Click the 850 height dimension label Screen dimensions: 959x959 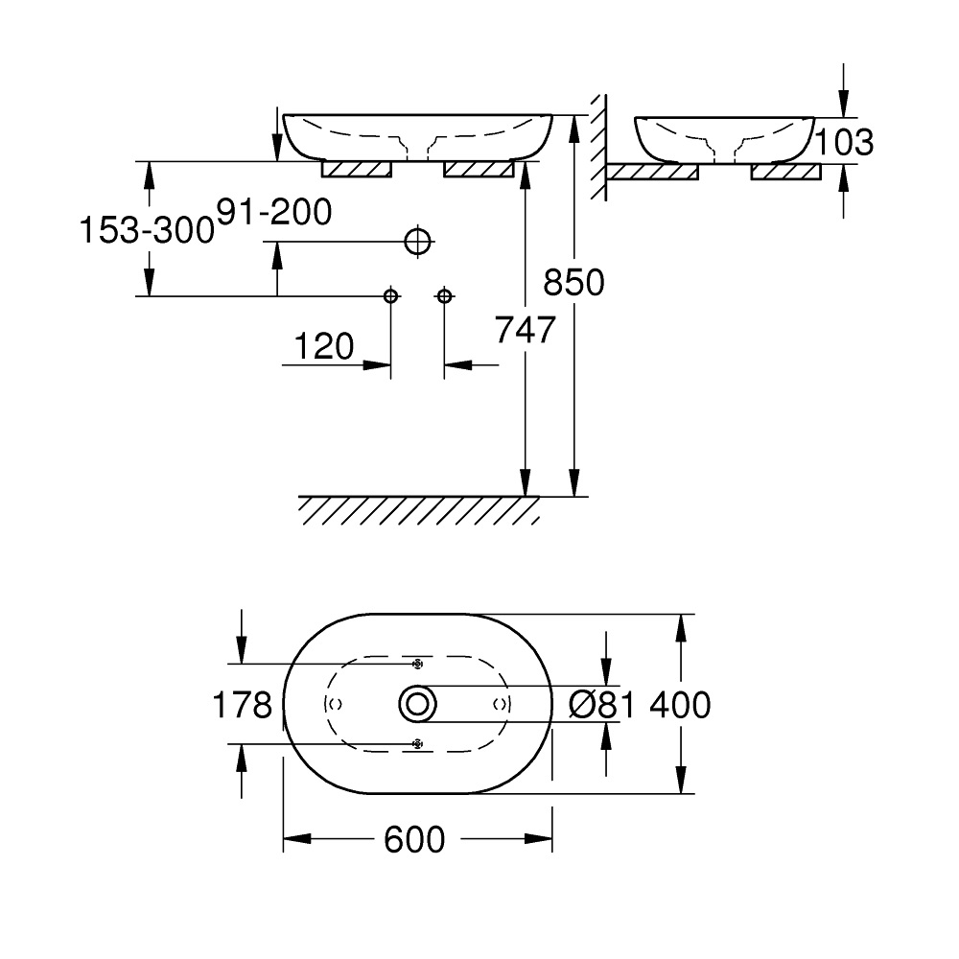coord(573,283)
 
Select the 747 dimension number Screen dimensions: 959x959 coord(525,330)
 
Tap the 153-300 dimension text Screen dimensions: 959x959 coord(147,230)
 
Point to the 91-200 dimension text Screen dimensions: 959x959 coord(274,212)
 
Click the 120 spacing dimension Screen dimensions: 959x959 coord(324,347)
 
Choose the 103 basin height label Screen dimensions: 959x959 coord(845,143)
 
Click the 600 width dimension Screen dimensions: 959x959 coord(414,839)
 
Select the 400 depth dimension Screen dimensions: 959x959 coord(680,705)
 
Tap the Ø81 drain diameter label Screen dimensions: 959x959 coord(602,705)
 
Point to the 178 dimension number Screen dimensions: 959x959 coord(243,705)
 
